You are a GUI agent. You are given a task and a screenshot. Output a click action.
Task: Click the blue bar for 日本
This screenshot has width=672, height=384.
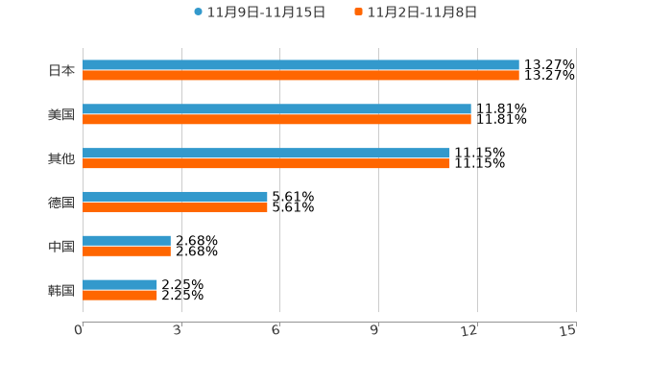coord(300,65)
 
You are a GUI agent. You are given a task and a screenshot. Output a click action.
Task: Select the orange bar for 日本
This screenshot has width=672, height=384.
coord(300,75)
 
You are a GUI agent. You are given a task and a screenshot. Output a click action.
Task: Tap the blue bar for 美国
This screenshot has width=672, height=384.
coord(276,109)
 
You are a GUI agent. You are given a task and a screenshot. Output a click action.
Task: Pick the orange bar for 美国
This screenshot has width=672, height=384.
coord(276,120)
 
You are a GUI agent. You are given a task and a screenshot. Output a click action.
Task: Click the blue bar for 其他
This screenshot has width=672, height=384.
coord(266,154)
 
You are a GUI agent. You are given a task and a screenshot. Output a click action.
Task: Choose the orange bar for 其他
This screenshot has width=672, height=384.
coord(266,164)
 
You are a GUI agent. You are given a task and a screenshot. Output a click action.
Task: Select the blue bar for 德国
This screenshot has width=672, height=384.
coord(175,197)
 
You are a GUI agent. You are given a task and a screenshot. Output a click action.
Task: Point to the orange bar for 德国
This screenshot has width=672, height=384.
coord(175,206)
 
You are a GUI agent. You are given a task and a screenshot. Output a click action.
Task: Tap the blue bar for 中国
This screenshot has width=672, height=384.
coord(127,241)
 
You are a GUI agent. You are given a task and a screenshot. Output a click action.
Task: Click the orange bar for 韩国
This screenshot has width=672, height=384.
coord(120,295)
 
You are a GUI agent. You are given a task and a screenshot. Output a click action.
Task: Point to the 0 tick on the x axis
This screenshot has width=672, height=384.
coord(80,330)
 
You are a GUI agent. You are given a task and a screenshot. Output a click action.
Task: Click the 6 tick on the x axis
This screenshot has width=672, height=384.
coord(276,330)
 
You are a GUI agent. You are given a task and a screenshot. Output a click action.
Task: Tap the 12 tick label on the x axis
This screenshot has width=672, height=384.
coord(470,330)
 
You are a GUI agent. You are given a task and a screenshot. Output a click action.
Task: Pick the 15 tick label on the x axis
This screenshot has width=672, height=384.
coord(568,330)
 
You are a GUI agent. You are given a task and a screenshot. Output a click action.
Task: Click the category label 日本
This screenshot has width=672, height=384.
coord(61,70)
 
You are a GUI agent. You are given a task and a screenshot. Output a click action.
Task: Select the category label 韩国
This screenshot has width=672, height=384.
coord(61,290)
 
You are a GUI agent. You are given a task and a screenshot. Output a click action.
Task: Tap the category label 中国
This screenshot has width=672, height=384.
coord(61,246)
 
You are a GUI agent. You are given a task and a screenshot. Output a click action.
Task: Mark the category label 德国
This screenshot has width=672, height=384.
coord(61,202)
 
